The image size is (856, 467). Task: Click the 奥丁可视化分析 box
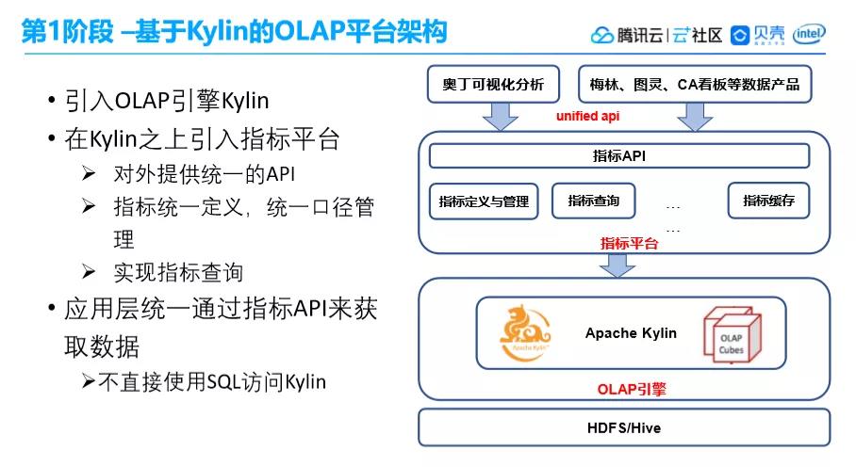pos(493,84)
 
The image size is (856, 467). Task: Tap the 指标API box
pos(618,155)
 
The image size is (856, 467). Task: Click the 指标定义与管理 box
pos(484,201)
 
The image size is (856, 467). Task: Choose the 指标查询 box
pos(593,200)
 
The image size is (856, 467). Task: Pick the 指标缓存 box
pos(768,200)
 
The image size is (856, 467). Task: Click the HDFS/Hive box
pos(623,427)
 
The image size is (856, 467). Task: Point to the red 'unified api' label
pos(588,116)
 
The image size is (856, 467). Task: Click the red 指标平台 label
pos(629,243)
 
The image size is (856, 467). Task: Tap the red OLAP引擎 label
pos(626,388)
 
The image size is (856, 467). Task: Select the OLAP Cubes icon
pos(731,335)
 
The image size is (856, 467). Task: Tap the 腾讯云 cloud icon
pos(602,36)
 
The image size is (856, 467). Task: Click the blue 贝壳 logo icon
pos(740,36)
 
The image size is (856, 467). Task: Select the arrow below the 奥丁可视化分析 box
pos(500,116)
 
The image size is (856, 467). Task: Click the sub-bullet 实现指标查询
pos(178,272)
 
